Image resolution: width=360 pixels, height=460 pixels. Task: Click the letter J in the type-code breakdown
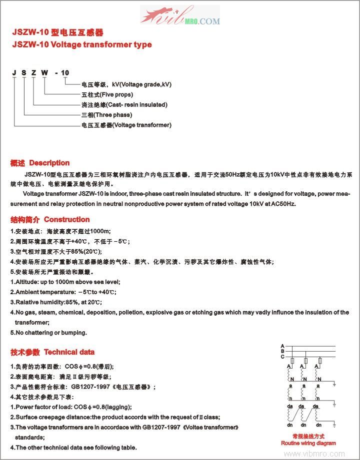coord(14,73)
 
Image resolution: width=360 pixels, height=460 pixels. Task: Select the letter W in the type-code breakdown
coord(44,73)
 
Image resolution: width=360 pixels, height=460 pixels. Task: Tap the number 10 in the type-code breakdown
coord(65,73)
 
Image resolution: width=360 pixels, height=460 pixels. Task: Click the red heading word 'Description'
coord(49,163)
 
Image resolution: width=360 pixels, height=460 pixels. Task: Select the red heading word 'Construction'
coord(67,219)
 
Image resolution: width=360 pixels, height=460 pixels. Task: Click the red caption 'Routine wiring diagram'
coord(308,443)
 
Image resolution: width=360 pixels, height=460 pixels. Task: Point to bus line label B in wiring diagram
coord(282,351)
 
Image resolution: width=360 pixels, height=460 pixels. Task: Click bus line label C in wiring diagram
coord(282,356)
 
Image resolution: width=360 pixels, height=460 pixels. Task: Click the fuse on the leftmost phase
coord(292,361)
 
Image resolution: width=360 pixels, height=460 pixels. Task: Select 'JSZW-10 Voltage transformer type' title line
coord(81,44)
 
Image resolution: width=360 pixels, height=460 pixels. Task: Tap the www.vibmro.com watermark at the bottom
coord(320,454)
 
